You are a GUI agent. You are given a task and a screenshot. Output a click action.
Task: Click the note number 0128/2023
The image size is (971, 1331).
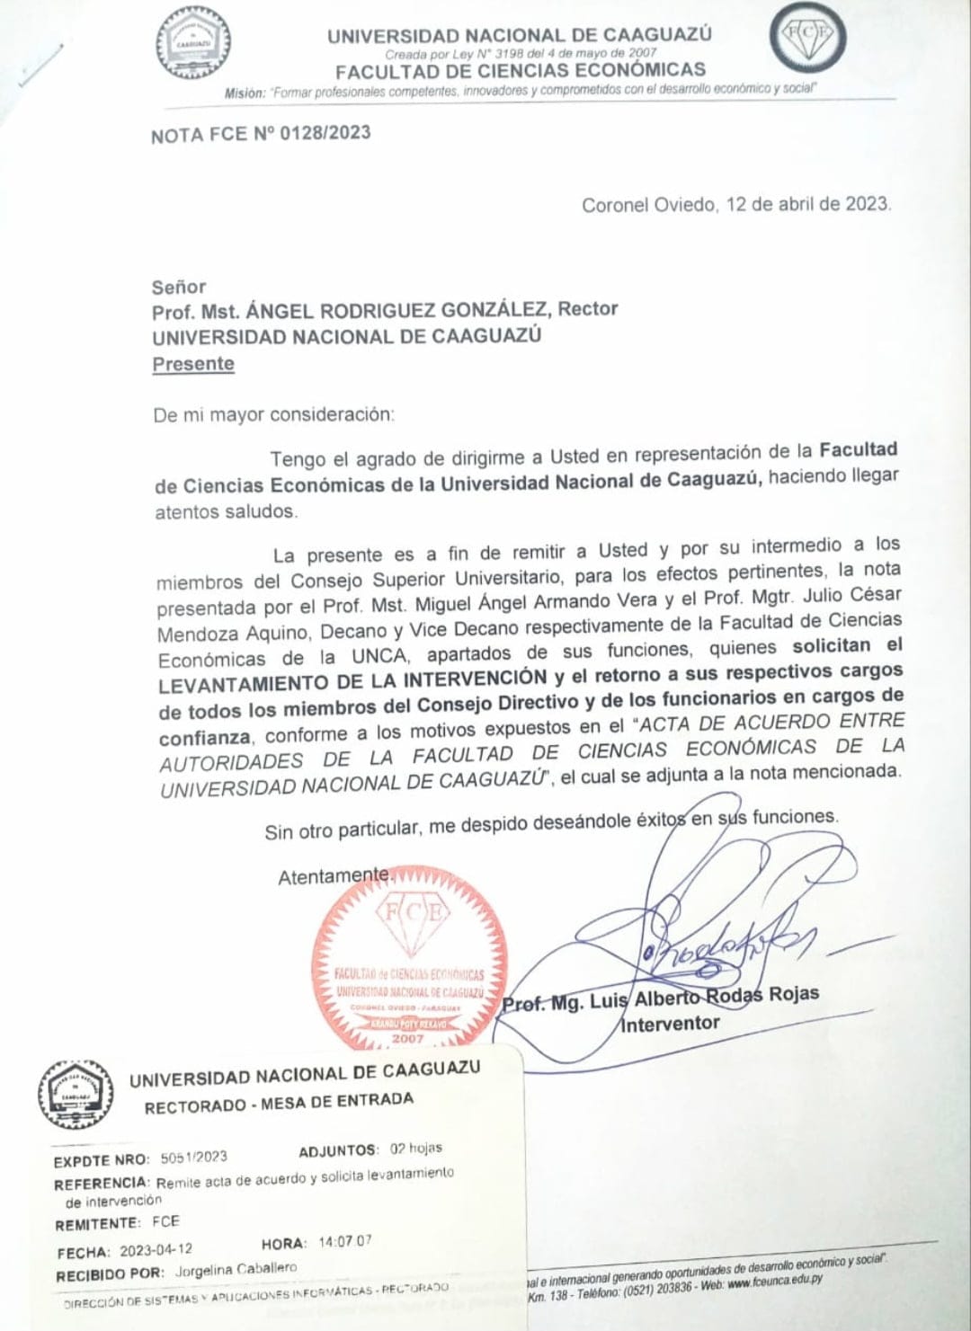(325, 133)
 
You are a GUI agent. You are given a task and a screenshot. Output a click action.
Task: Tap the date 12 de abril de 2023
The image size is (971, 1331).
(807, 204)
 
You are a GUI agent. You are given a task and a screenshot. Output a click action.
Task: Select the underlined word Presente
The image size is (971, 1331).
(193, 364)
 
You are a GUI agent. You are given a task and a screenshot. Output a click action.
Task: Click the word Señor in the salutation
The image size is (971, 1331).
(179, 287)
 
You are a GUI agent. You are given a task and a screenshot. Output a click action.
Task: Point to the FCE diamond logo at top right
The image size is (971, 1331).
(806, 38)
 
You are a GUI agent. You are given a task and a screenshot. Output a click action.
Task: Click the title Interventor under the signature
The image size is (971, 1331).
(671, 1024)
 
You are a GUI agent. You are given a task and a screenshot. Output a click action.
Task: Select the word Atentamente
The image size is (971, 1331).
(334, 876)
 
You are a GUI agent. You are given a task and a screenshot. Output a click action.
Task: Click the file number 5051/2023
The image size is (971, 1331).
(193, 1158)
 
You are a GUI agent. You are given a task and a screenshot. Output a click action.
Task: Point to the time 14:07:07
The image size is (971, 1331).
(344, 1242)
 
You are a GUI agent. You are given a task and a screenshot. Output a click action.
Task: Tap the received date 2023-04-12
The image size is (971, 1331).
(156, 1250)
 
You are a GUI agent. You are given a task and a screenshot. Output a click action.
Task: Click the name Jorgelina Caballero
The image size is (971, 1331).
(236, 1269)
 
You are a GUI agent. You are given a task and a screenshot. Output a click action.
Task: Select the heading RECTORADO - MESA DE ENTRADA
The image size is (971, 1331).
(279, 1103)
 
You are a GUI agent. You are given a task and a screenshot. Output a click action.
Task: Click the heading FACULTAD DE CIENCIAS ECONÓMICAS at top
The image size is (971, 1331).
(520, 70)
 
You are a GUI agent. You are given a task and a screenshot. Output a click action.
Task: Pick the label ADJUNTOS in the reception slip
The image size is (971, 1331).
(338, 1150)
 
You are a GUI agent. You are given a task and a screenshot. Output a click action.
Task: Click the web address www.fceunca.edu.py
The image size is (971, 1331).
(774, 1281)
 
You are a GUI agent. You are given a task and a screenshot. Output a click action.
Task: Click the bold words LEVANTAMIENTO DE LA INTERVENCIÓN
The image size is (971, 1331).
(352, 681)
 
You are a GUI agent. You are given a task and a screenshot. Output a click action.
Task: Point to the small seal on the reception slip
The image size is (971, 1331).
(76, 1094)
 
